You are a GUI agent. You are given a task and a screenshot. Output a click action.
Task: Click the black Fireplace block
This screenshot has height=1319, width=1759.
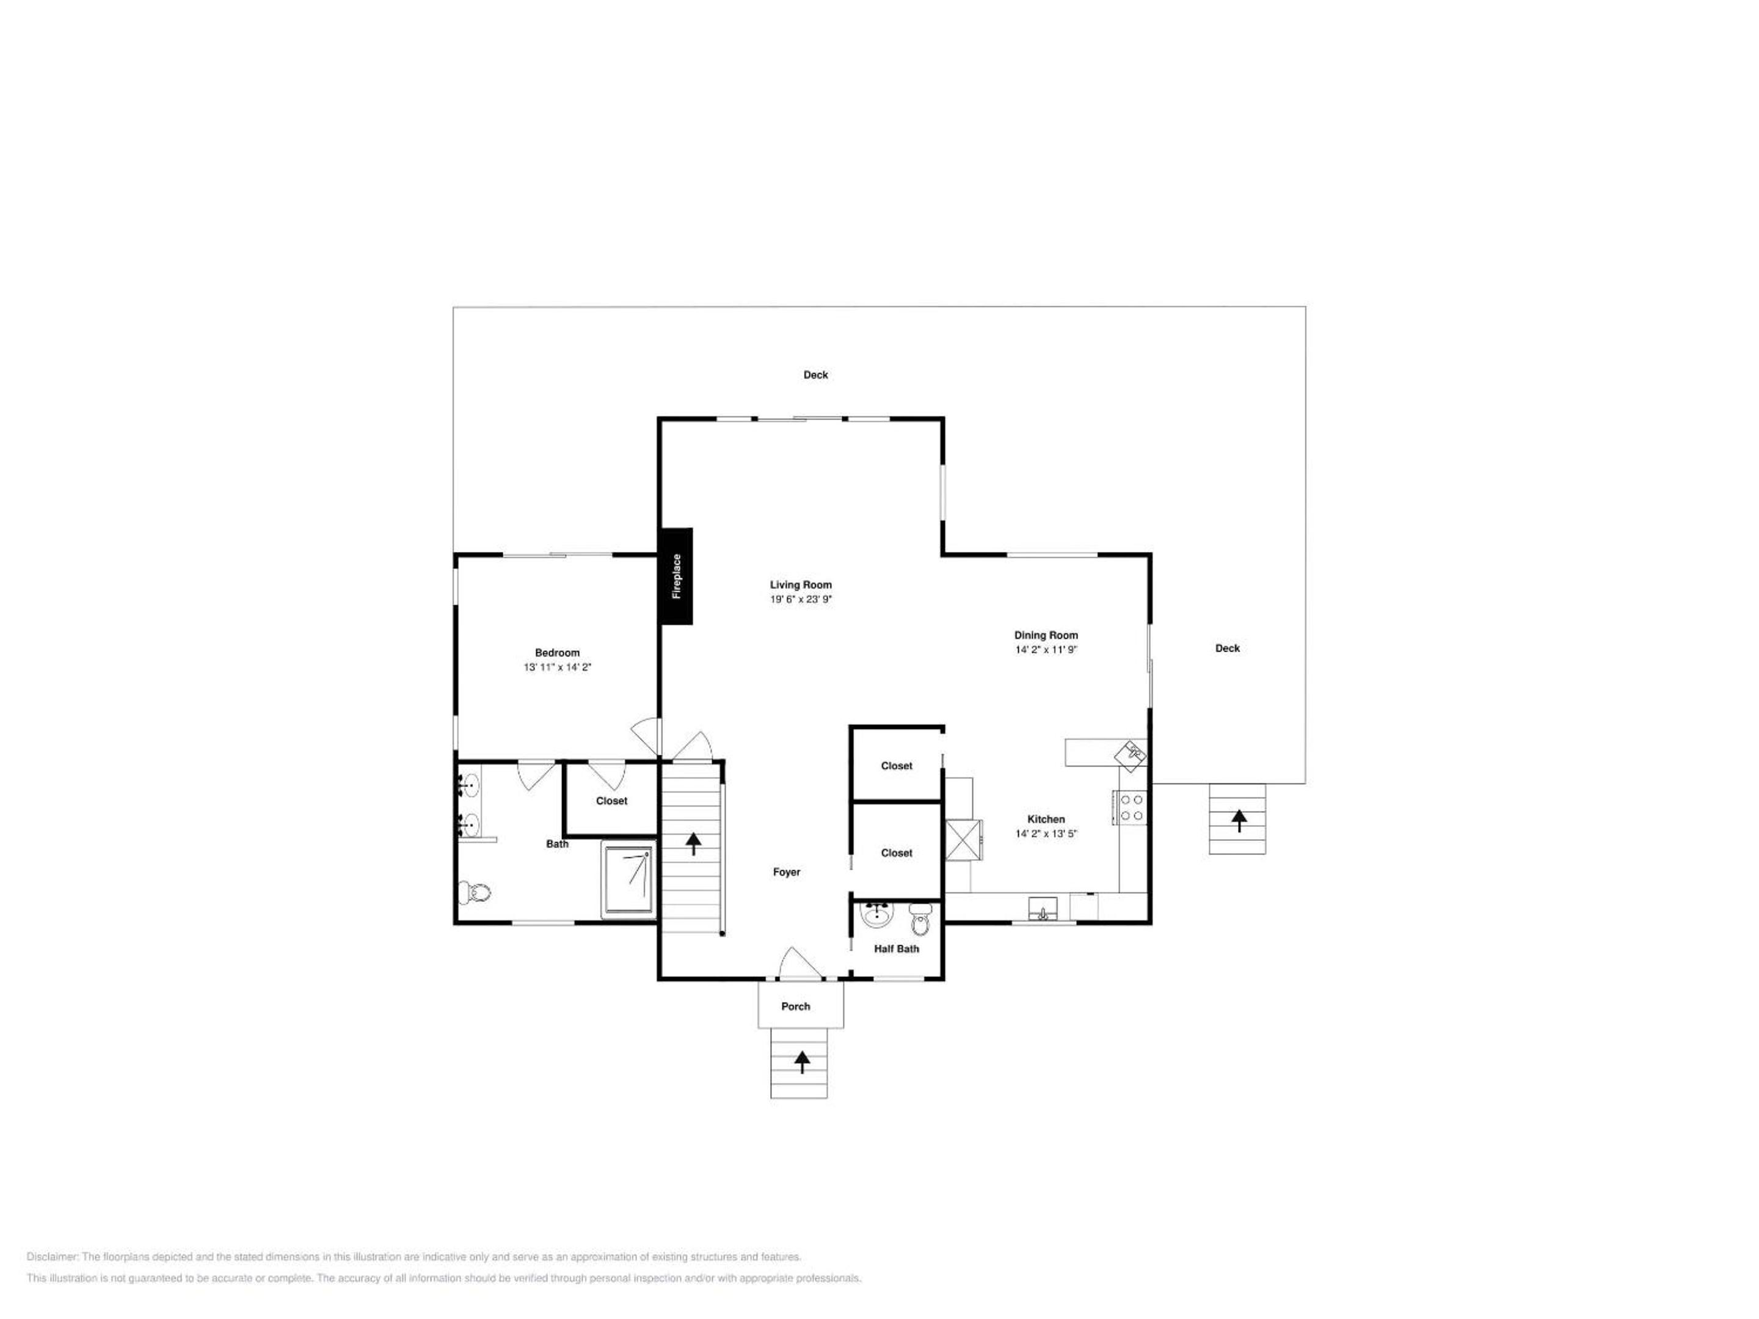point(675,576)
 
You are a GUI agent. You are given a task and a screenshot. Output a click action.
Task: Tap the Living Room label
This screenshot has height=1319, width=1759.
point(801,584)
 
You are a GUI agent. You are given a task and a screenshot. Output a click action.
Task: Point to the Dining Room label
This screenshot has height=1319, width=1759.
point(1046,635)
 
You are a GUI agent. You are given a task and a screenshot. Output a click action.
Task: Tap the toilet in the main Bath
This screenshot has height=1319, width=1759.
point(475,892)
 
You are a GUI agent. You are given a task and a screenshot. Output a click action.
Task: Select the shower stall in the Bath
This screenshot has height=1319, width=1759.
point(629,879)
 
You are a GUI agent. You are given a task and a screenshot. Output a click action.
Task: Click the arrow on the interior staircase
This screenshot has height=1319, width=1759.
point(693,843)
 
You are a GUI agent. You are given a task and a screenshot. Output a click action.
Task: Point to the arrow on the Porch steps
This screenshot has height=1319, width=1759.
point(801,1061)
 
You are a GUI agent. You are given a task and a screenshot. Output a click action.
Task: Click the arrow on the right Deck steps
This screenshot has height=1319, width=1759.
point(1239,819)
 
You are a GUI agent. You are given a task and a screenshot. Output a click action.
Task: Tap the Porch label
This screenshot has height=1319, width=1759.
point(795,1006)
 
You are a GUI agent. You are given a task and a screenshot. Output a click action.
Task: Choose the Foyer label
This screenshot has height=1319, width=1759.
point(787,871)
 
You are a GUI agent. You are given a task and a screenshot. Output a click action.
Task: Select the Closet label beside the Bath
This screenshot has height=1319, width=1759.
point(611,801)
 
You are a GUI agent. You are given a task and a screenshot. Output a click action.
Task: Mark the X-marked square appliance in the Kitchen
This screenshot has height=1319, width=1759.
point(963,840)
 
